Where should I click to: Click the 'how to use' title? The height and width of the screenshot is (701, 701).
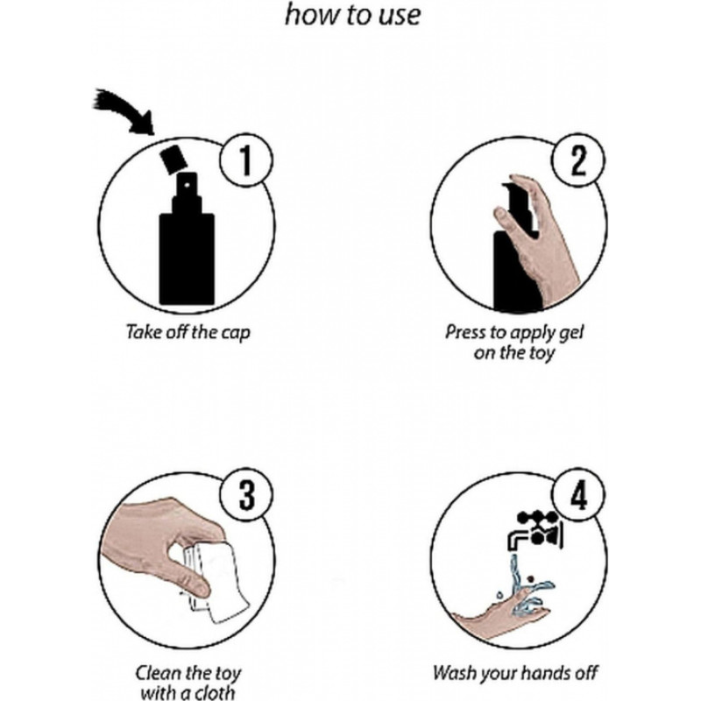click(353, 15)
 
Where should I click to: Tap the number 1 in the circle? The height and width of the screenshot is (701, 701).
click(246, 161)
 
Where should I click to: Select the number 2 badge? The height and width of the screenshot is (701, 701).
click(578, 160)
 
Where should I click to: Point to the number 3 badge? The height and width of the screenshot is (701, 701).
click(246, 495)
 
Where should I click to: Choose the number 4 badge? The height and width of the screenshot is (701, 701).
click(579, 495)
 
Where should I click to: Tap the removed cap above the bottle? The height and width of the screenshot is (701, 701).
click(173, 159)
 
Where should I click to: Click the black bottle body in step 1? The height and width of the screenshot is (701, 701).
click(187, 259)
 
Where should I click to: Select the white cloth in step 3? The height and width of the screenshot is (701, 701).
click(219, 581)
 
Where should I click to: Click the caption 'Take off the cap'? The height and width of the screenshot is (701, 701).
click(188, 333)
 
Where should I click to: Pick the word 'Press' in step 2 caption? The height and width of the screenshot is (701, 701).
click(465, 333)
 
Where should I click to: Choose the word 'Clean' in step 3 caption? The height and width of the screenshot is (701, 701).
click(158, 672)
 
